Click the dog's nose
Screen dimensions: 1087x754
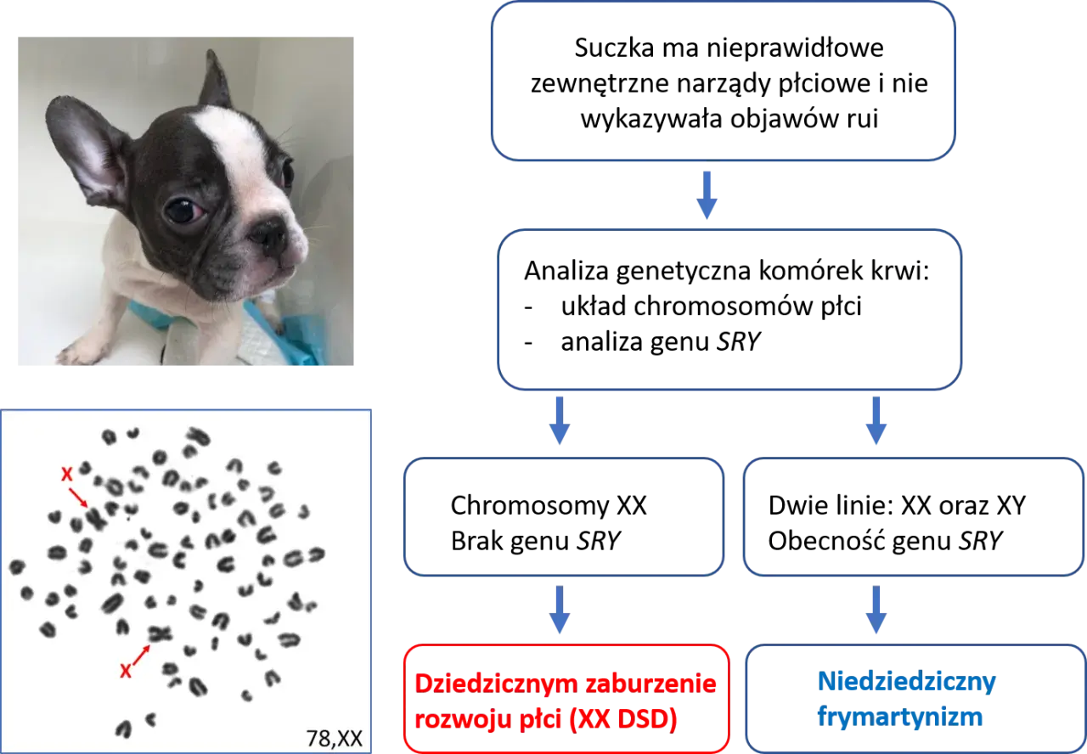tap(268, 234)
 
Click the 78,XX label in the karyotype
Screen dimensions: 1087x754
tap(335, 739)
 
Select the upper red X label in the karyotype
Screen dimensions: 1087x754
tap(66, 474)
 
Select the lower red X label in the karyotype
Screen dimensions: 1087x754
tap(125, 672)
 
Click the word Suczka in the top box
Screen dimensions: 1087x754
tap(614, 49)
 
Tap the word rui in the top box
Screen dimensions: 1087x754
tap(863, 119)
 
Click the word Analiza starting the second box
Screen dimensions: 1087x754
tap(566, 271)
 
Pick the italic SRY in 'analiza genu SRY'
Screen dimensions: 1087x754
tap(739, 341)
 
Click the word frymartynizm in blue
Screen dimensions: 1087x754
tap(900, 717)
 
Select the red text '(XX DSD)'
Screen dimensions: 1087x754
tap(623, 719)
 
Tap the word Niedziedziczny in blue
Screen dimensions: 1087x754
tap(907, 682)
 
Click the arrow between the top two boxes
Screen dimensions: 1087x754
tap(707, 195)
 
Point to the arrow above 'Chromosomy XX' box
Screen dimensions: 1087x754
tap(560, 420)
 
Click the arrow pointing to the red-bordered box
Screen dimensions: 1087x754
tap(560, 610)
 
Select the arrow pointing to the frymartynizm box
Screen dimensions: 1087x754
tap(876, 610)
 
